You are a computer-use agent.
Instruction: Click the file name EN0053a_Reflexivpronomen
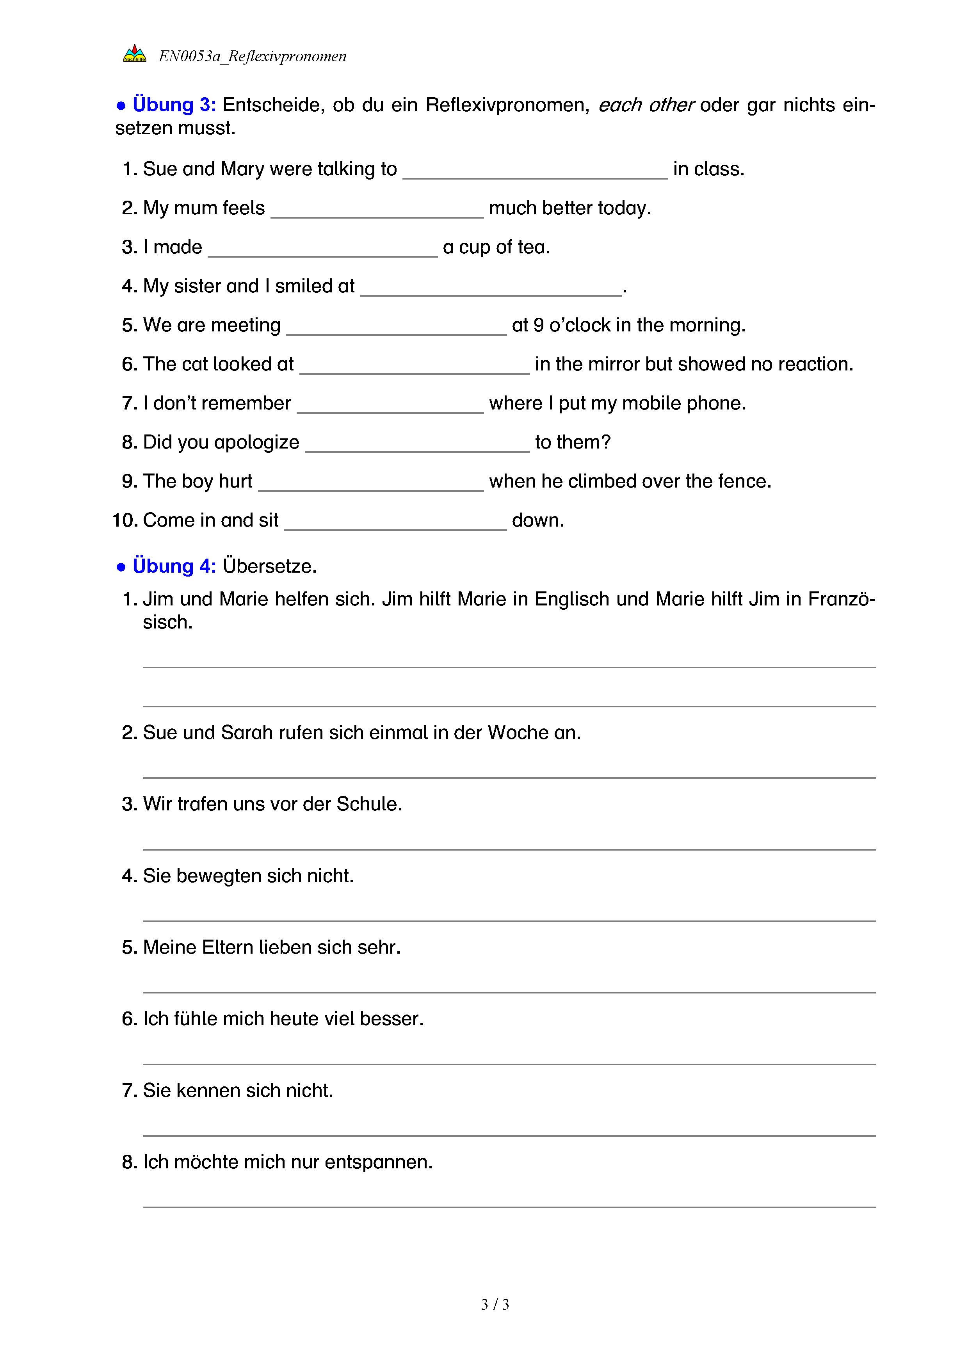click(252, 57)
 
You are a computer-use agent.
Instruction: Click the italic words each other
click(646, 105)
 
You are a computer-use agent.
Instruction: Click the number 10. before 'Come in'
click(125, 520)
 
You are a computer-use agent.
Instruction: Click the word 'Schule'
click(369, 805)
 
